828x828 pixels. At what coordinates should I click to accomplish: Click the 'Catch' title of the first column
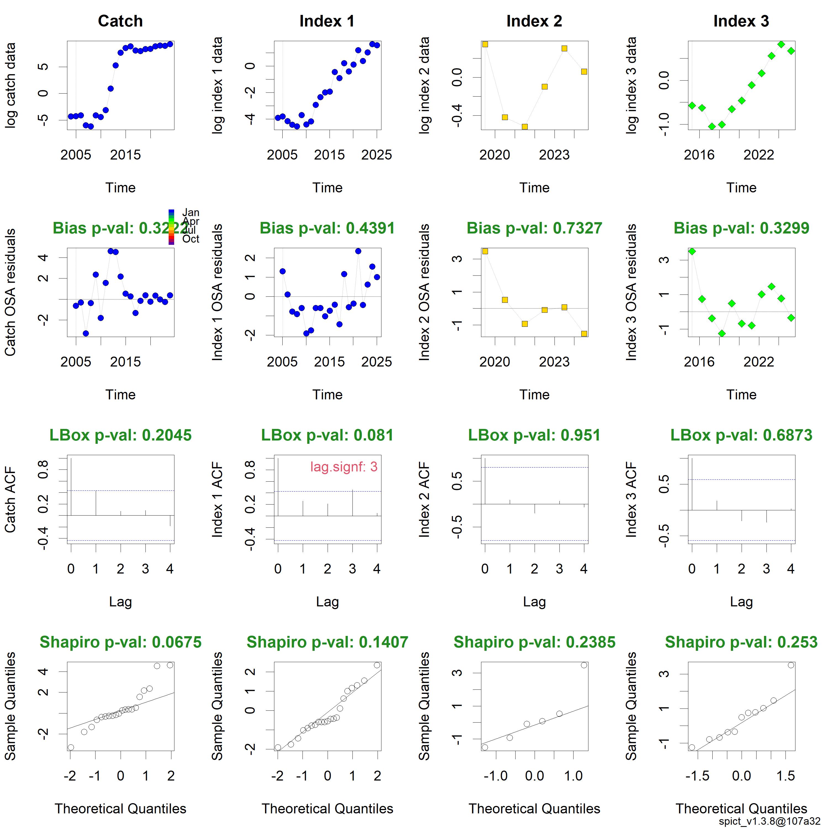[120, 21]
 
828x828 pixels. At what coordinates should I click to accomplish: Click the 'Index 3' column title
[741, 21]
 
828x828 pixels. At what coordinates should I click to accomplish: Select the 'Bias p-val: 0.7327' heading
[534, 228]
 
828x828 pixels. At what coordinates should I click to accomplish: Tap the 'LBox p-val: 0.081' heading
[327, 435]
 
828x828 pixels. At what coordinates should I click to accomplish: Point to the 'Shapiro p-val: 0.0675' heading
[120, 642]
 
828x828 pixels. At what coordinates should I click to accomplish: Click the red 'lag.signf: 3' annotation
[344, 467]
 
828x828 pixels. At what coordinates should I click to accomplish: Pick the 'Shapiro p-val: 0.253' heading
[741, 642]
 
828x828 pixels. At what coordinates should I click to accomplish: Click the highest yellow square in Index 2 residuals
[485, 251]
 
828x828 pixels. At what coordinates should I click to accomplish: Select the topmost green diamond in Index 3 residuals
[692, 251]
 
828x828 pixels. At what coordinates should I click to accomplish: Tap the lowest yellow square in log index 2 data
[525, 127]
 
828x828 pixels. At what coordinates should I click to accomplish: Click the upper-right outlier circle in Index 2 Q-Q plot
[584, 665]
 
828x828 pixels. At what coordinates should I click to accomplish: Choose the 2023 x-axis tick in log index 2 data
[554, 155]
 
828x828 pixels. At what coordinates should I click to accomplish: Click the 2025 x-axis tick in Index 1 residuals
[377, 362]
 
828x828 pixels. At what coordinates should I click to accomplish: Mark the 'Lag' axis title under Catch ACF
[120, 602]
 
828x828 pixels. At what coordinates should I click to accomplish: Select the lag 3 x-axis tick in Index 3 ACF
[766, 569]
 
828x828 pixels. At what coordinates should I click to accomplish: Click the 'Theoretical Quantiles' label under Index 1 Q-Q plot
[327, 809]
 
